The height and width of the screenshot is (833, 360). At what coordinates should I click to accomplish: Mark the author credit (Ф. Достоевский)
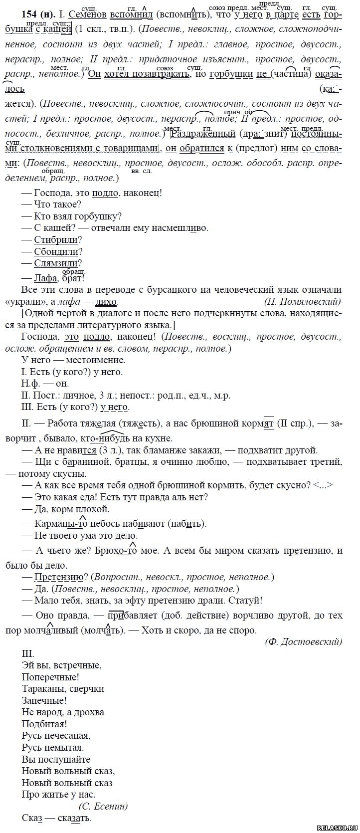303,641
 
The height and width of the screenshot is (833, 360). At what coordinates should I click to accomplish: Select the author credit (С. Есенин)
103,806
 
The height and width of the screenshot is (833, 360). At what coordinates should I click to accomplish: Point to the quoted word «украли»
42,302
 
